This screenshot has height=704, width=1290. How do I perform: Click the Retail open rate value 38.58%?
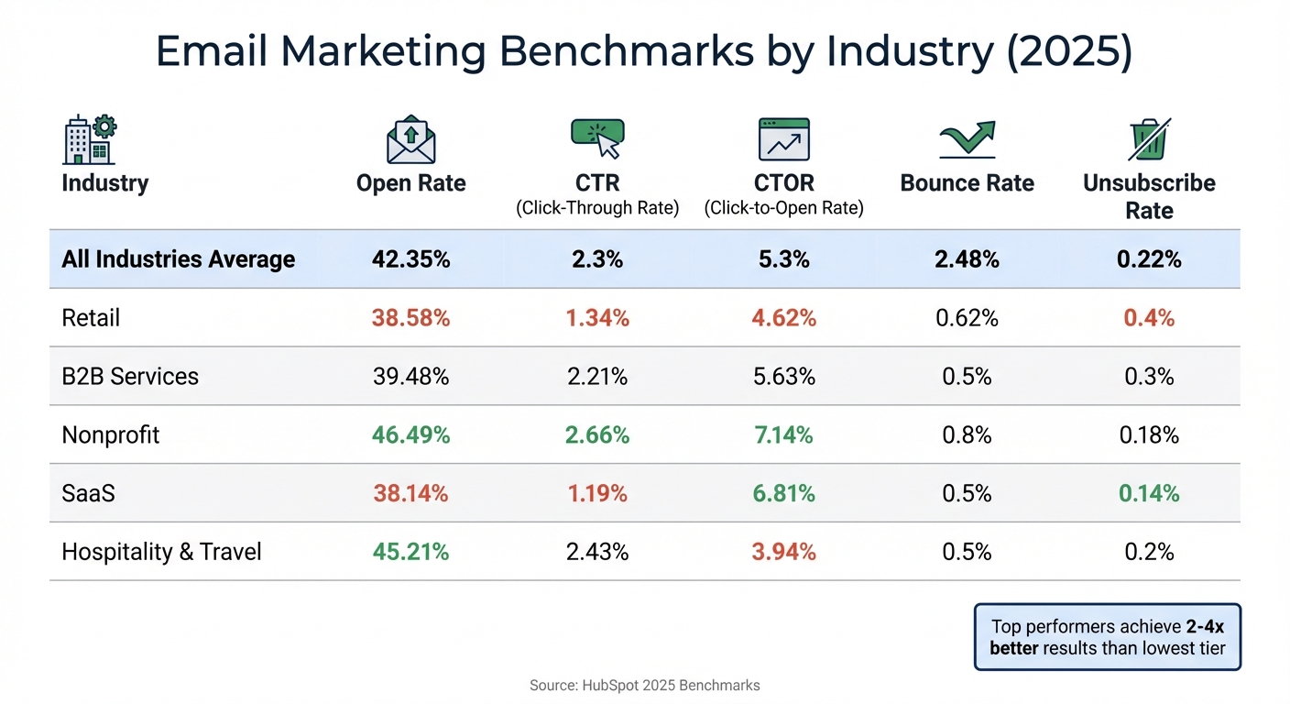[x=410, y=318]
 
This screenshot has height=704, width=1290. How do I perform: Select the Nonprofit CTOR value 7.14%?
[x=783, y=434]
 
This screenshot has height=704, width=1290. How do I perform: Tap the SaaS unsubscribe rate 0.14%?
[x=1149, y=493]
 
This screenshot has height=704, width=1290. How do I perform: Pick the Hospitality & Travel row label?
[x=161, y=552]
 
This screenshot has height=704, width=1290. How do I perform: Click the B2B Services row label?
[x=130, y=376]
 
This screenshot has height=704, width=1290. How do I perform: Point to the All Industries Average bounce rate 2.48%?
[x=967, y=259]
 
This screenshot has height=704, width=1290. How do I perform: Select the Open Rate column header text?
[x=410, y=183]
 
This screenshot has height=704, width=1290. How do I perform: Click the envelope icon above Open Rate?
[x=410, y=140]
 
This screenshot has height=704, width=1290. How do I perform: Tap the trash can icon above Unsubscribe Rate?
[x=1149, y=140]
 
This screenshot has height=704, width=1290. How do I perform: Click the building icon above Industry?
[x=89, y=139]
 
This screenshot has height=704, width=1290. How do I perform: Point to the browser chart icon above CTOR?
[x=783, y=139]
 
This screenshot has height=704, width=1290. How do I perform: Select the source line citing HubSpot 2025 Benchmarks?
[x=645, y=685]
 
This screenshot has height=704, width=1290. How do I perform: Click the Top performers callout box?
[x=1107, y=637]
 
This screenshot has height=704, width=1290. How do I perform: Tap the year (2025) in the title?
[x=1069, y=52]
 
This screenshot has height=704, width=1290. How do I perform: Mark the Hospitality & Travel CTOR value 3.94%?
[x=783, y=552]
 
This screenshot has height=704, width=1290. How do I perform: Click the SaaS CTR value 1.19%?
[x=597, y=493]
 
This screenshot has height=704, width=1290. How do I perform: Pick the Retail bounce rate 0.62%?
[x=967, y=318]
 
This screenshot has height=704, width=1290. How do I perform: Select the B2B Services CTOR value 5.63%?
[x=783, y=376]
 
